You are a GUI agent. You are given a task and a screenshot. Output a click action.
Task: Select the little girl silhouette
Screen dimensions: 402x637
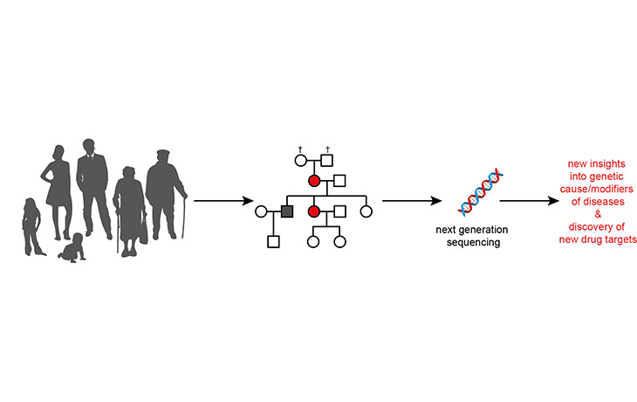[x=31, y=225]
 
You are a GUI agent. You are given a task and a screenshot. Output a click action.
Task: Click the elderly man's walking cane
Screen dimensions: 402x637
[x=183, y=214]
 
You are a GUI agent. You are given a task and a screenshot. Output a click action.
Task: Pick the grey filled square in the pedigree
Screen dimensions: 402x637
[x=285, y=211]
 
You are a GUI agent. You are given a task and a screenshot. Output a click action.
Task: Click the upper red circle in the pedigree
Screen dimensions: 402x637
[x=314, y=181]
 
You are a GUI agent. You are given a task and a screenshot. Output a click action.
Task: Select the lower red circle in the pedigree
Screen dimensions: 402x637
[x=314, y=211]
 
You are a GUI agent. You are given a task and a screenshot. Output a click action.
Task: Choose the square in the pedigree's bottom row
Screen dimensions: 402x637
[x=272, y=241]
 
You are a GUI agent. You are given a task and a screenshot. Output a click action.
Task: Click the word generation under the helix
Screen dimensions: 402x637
[x=483, y=230]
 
